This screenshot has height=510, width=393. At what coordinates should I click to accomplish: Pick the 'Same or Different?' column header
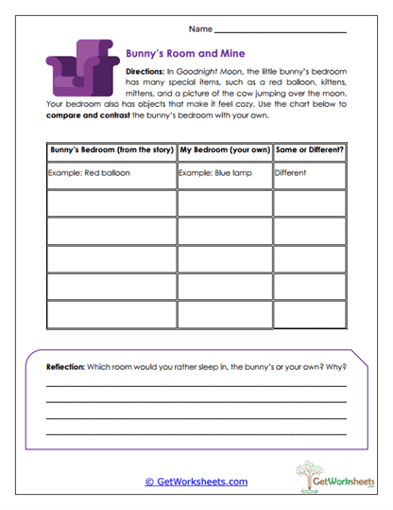tap(309, 150)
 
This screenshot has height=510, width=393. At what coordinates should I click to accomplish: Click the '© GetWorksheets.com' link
tap(196, 482)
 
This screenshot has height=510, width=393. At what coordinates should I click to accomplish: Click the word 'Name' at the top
tap(201, 30)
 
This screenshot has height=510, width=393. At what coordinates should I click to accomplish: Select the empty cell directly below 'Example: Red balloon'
tap(110, 202)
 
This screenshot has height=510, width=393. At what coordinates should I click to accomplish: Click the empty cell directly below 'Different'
tap(309, 202)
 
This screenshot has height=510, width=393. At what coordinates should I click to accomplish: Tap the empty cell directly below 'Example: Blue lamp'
tap(223, 202)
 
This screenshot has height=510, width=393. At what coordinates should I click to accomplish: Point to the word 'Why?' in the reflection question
tap(336, 366)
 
